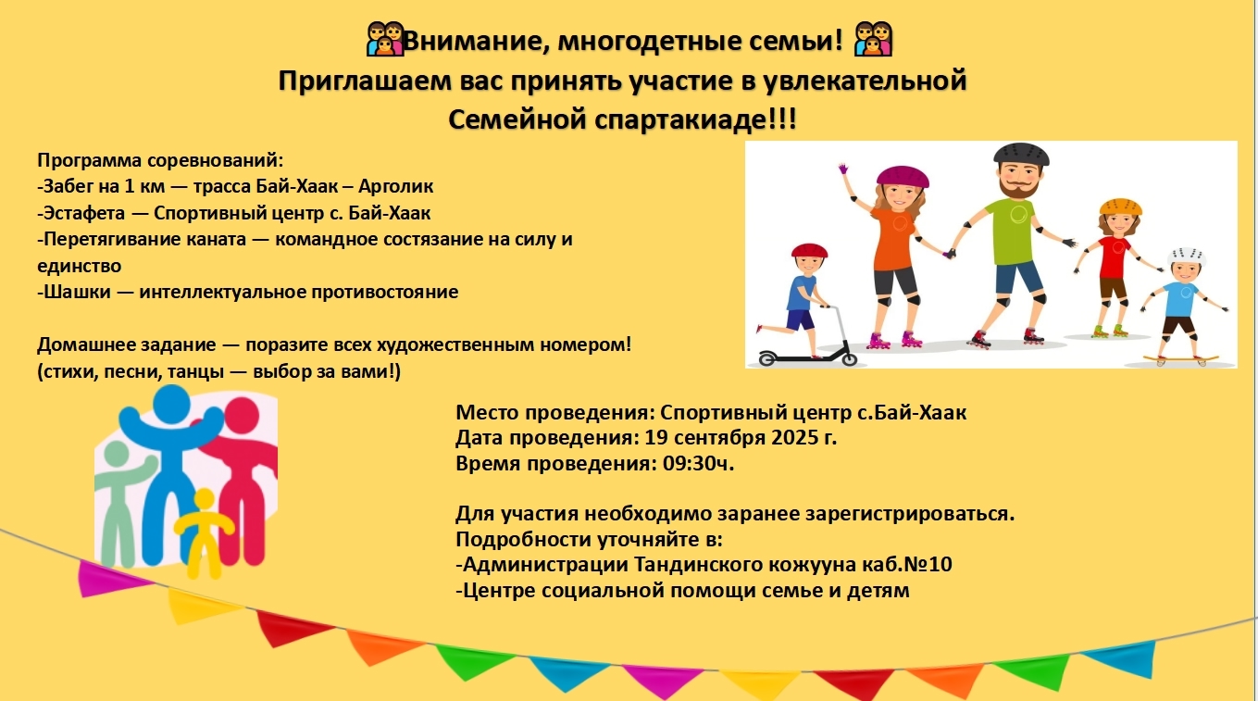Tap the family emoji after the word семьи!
click(873, 39)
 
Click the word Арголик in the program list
click(395, 186)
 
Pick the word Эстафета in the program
click(83, 213)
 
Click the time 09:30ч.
click(698, 464)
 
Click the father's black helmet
click(1021, 154)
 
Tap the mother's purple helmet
click(903, 177)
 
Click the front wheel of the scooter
click(849, 359)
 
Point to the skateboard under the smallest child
click(1180, 357)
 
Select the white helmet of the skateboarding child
click(1187, 257)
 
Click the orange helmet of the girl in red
click(1120, 207)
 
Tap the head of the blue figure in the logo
click(171, 403)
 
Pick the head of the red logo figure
click(242, 416)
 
